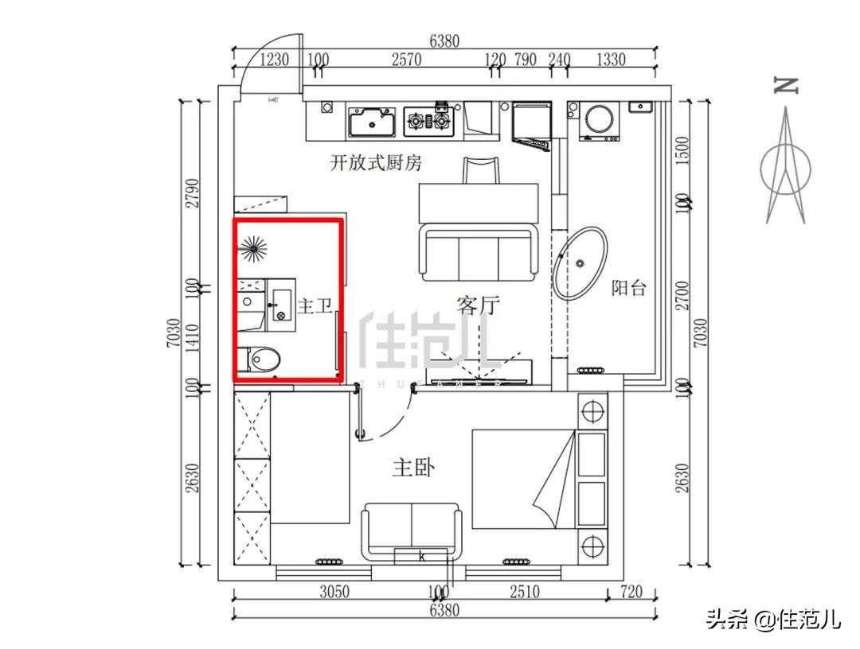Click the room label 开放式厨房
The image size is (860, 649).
tap(376, 163)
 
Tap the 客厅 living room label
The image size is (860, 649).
tap(478, 305)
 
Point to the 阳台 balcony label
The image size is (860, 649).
tap(629, 288)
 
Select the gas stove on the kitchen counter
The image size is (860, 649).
tap(429, 121)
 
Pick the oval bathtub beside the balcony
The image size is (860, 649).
tap(580, 263)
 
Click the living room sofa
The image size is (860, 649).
tap(478, 254)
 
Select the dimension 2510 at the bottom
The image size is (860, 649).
tap(524, 592)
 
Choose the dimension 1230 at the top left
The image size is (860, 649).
tap(275, 60)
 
